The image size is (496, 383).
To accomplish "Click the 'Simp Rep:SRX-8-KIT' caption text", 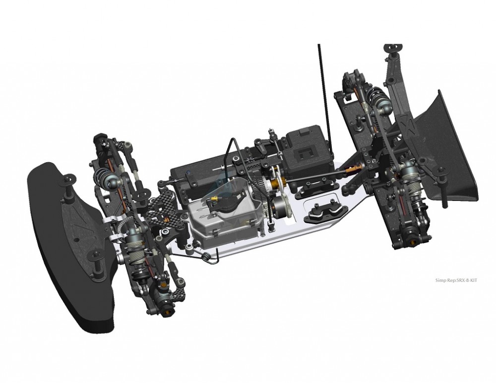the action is click(456, 280).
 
